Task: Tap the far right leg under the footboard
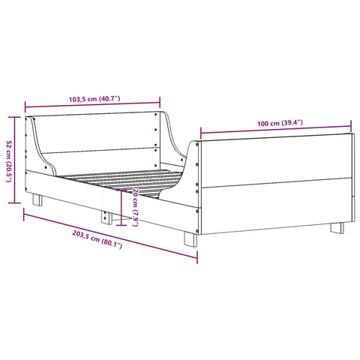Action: click(337, 226)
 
